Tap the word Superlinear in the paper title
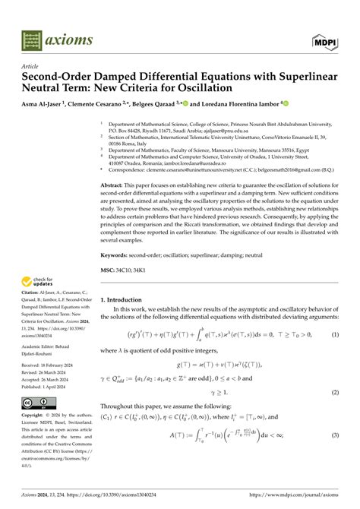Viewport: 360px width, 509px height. (301, 77)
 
